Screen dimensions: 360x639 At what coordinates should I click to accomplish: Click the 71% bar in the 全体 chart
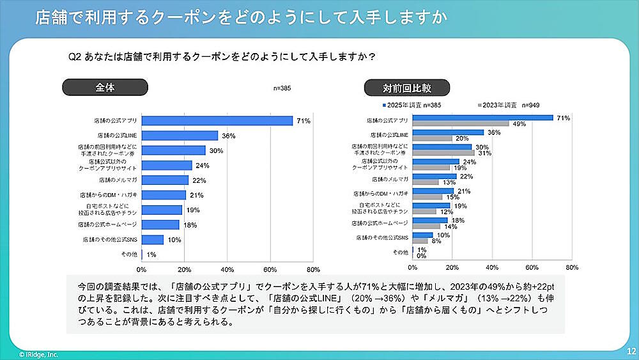(217, 121)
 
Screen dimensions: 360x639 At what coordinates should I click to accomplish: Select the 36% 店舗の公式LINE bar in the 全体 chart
(180, 136)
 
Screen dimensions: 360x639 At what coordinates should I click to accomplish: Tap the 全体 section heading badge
(105, 88)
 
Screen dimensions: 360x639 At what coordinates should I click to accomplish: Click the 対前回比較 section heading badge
(407, 88)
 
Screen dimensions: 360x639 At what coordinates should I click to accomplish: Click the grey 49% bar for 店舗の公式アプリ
(461, 123)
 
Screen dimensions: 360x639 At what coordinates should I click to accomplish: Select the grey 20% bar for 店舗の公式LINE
(433, 138)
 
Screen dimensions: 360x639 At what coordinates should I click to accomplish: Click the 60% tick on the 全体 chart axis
(270, 269)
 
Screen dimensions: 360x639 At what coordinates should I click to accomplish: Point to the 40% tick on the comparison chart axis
(492, 267)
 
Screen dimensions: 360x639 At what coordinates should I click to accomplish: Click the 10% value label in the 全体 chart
(173, 239)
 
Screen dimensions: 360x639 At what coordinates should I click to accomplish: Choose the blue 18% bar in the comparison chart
(430, 220)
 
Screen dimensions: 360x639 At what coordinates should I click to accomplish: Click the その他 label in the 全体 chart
(129, 254)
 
